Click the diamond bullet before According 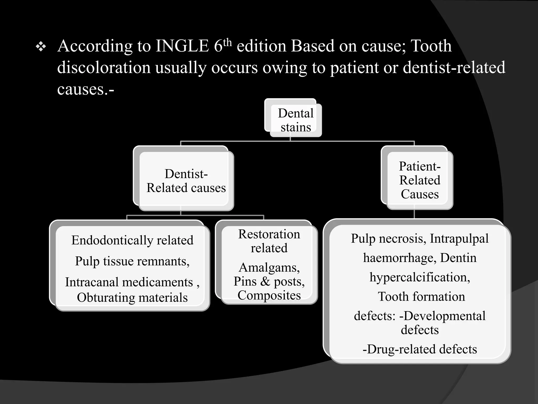pos(41,47)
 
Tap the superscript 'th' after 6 pos(227,42)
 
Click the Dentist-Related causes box pos(186,181)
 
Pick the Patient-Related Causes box pos(420,180)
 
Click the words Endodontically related pos(132,240)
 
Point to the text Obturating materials pos(132,297)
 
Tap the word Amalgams pos(269,267)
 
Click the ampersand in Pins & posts pos(265,281)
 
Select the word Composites pos(269,295)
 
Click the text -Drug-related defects pos(420,349)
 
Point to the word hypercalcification pos(420,277)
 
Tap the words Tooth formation pos(421,296)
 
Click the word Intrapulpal pos(459,239)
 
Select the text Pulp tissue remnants pos(132,261)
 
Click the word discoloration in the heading pos(104,67)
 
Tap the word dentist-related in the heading pos(454,67)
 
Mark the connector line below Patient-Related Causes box pos(414,214)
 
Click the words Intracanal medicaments pos(129,282)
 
